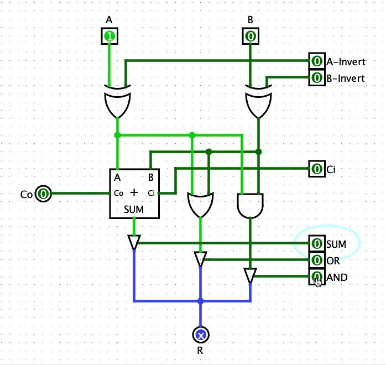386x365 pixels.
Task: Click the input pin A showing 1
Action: click(109, 37)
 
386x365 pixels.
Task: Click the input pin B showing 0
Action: click(251, 37)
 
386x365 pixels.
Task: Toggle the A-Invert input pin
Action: click(316, 61)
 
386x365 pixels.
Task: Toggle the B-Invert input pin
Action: click(316, 78)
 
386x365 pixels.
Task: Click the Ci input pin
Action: click(316, 169)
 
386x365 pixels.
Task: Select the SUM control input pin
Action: click(316, 243)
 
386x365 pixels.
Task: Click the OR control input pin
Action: click(316, 260)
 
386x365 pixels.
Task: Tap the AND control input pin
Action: click(316, 277)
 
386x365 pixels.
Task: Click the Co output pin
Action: click(44, 194)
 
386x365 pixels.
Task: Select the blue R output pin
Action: click(201, 335)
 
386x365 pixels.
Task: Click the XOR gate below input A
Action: click(118, 102)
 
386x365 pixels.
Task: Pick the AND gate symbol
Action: click(251, 205)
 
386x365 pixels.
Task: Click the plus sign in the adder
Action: click(134, 192)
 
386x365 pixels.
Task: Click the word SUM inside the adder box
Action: click(134, 209)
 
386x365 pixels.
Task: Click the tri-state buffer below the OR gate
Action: click(201, 259)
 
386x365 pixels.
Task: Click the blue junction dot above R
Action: click(201, 301)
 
